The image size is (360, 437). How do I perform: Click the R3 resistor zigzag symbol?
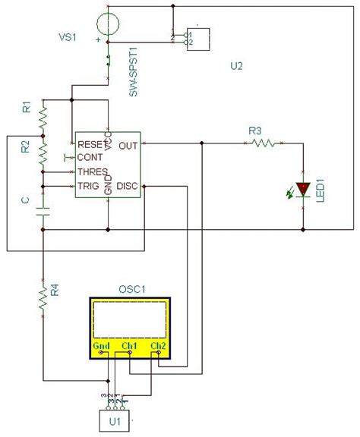[264, 143]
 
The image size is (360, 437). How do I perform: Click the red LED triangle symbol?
[303, 188]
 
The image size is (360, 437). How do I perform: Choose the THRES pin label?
[92, 171]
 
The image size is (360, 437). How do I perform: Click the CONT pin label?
[90, 157]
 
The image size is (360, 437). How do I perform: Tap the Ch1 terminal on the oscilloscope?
[128, 347]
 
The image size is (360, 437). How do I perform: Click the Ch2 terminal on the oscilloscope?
[158, 347]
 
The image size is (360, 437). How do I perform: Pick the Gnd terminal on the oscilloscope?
[102, 347]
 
